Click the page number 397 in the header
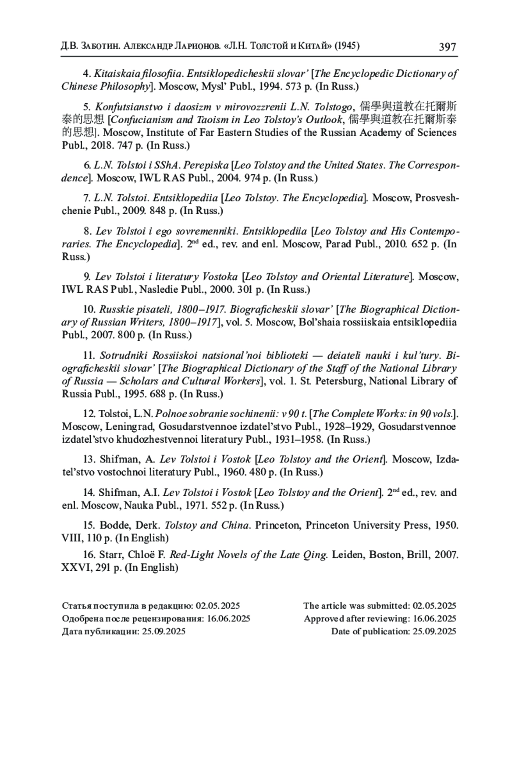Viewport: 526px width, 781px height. (x=447, y=47)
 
